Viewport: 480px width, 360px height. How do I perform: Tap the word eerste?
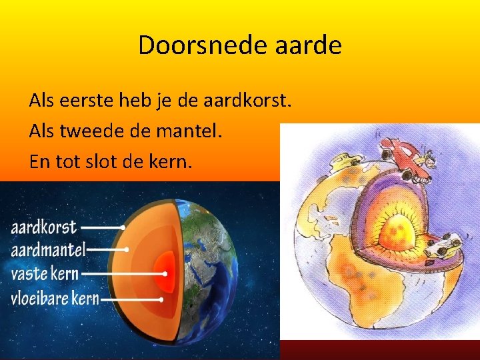coord(87,101)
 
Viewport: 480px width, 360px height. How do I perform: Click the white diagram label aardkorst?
coord(44,227)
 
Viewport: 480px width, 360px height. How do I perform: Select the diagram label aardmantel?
coord(48,250)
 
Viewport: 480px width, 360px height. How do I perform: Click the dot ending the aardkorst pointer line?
coord(123,227)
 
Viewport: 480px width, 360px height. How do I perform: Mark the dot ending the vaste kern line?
coord(165,273)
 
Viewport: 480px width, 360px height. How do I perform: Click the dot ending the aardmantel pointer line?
coord(127,250)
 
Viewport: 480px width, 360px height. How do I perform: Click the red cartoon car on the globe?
coord(407,159)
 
